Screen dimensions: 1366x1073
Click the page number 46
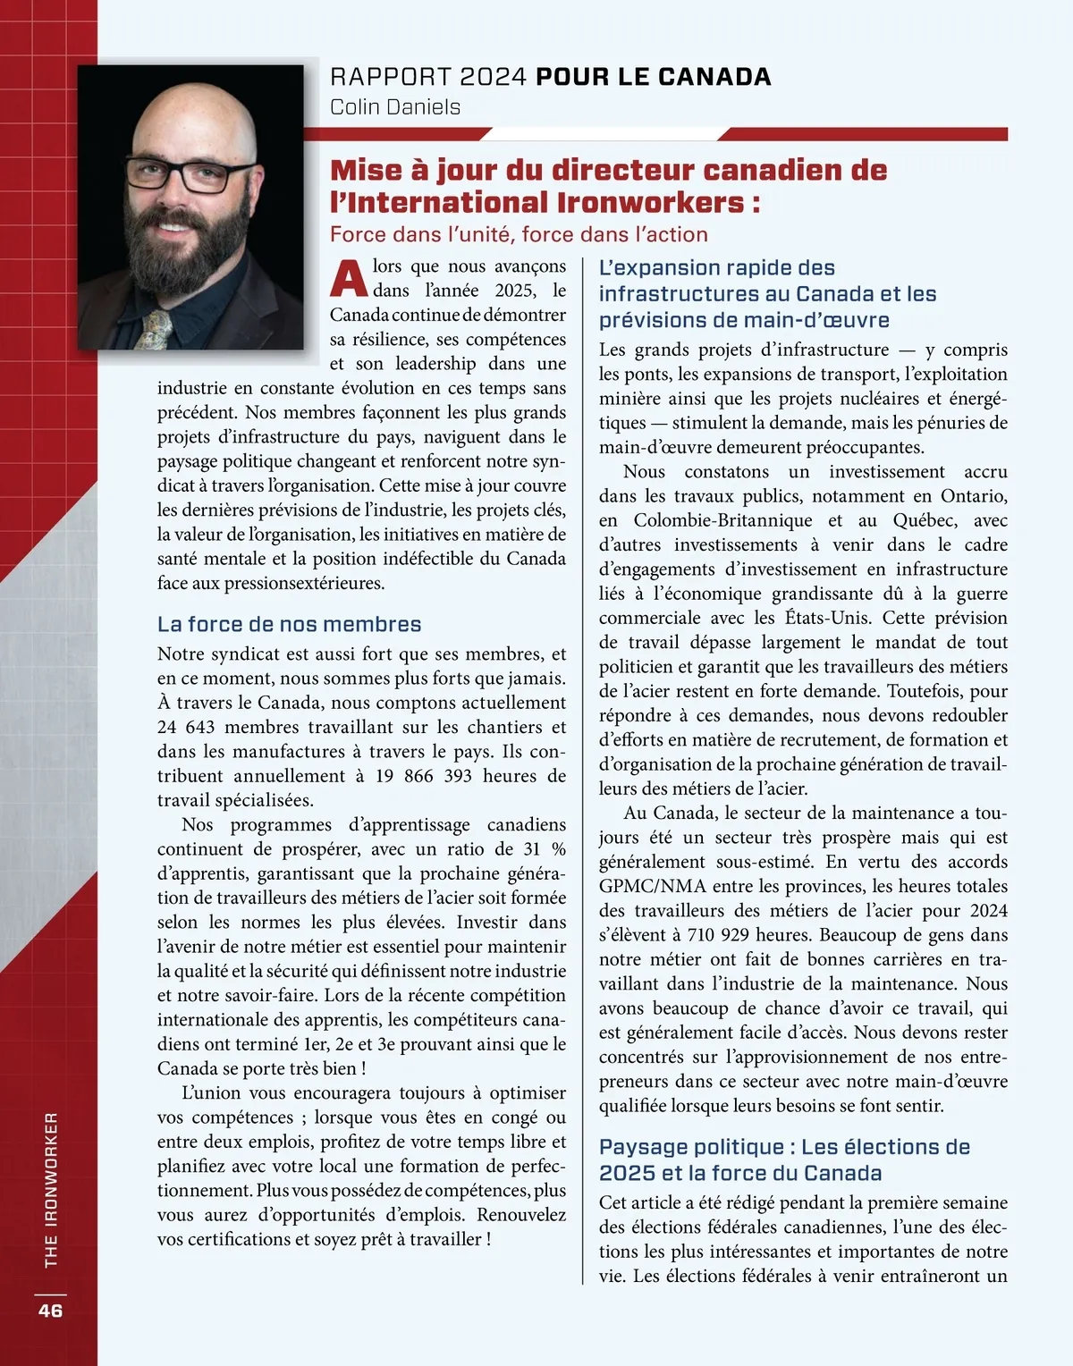(x=50, y=1310)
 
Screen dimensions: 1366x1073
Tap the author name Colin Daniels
(x=395, y=107)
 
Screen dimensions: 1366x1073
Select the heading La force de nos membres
(x=289, y=624)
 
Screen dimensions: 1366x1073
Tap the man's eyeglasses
(x=190, y=173)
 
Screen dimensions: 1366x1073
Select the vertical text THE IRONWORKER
(x=51, y=1189)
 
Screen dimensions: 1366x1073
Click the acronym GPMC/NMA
(x=653, y=886)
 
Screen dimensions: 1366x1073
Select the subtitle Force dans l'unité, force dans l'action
(x=519, y=235)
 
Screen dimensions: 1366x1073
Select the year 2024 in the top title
(x=494, y=77)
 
